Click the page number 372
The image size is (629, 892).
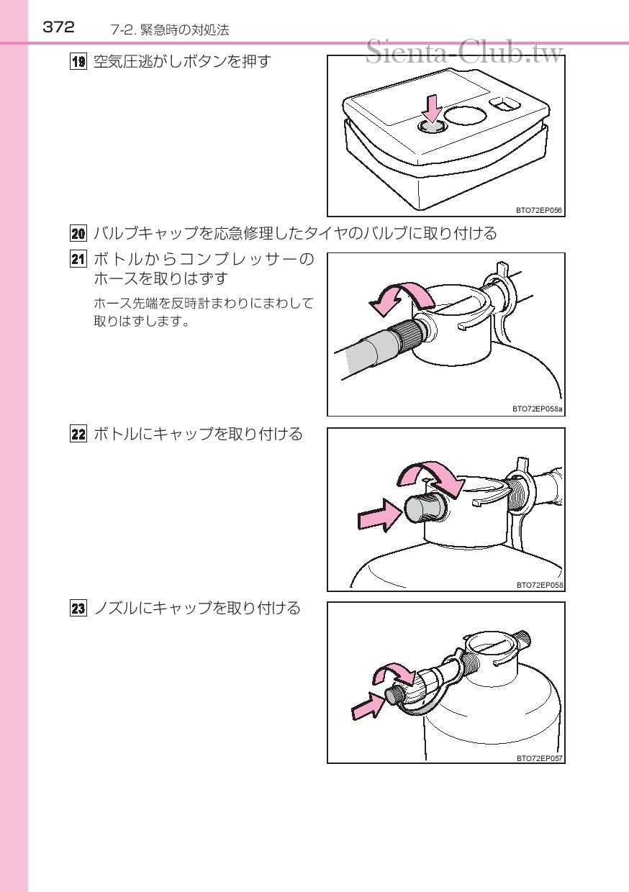coord(58,27)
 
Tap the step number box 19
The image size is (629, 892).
coord(78,62)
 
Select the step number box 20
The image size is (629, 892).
coord(78,233)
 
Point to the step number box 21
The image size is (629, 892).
coord(78,260)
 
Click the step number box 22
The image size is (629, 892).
coord(78,434)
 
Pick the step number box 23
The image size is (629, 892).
coord(78,608)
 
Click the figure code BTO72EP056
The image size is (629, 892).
coord(538,210)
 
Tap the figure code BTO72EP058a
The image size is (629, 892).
coord(538,409)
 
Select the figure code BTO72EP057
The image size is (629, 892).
coord(539,758)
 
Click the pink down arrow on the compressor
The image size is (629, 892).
coord(432,107)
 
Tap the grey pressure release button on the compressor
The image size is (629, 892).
coord(433,127)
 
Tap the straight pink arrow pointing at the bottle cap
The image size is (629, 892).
coord(380,514)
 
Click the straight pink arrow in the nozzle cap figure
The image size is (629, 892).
coord(368,708)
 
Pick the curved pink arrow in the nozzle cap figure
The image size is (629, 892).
coord(397,673)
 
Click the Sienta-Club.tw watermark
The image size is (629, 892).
coord(464,52)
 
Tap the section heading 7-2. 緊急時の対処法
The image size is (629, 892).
coord(170,30)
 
